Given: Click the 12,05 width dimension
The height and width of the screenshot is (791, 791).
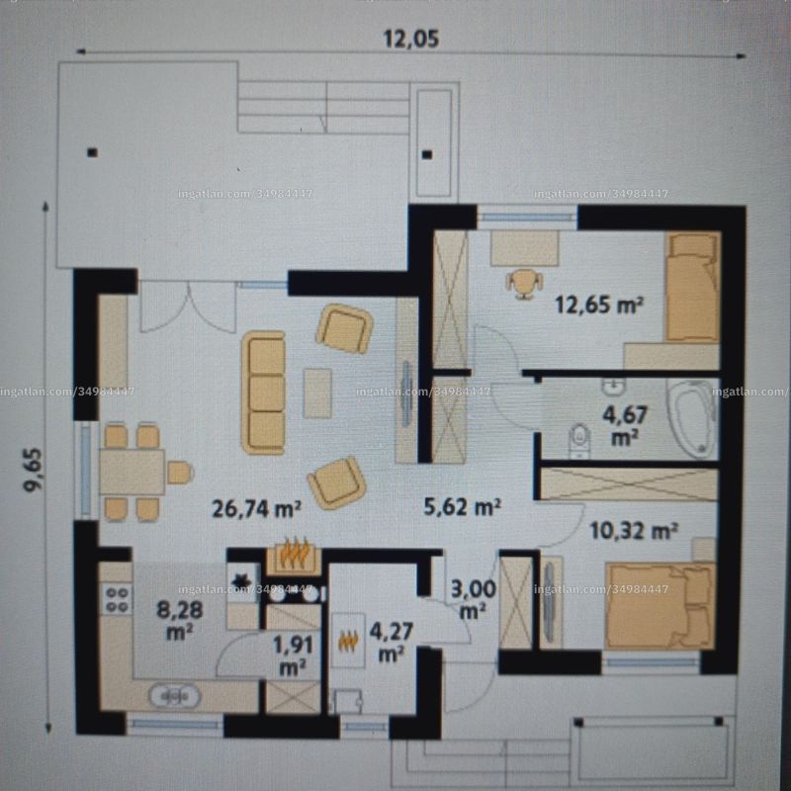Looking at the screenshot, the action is tap(411, 39).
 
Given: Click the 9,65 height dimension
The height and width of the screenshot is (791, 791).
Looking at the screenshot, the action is tap(35, 469).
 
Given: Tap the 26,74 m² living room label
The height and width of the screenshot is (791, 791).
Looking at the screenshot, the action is tap(256, 508).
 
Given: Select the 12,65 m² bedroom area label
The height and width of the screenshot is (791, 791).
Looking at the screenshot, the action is tap(599, 305).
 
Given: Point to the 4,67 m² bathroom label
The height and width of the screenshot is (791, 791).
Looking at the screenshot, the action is tap(625, 426).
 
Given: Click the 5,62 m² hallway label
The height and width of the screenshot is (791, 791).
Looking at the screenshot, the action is tap(462, 506).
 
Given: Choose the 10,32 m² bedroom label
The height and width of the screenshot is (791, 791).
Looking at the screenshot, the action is tap(634, 531).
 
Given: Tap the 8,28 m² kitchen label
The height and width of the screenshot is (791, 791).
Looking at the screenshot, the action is tap(180, 620).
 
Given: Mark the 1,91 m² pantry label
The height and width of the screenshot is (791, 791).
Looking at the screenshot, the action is tap(293, 656).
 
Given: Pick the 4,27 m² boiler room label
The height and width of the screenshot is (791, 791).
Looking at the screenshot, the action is tap(391, 642).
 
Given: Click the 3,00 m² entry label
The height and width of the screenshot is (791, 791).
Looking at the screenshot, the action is tap(473, 599).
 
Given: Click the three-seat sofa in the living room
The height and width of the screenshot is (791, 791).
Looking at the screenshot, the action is tap(263, 393).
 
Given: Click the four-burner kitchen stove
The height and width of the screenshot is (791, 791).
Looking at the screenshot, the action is tap(117, 599).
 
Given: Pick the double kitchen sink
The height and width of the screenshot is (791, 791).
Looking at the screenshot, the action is tap(175, 696).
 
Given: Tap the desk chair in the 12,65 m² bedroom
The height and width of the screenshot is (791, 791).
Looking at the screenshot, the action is tap(525, 284).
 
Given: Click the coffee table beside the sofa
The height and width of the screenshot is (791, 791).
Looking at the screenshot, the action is tap(317, 393).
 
